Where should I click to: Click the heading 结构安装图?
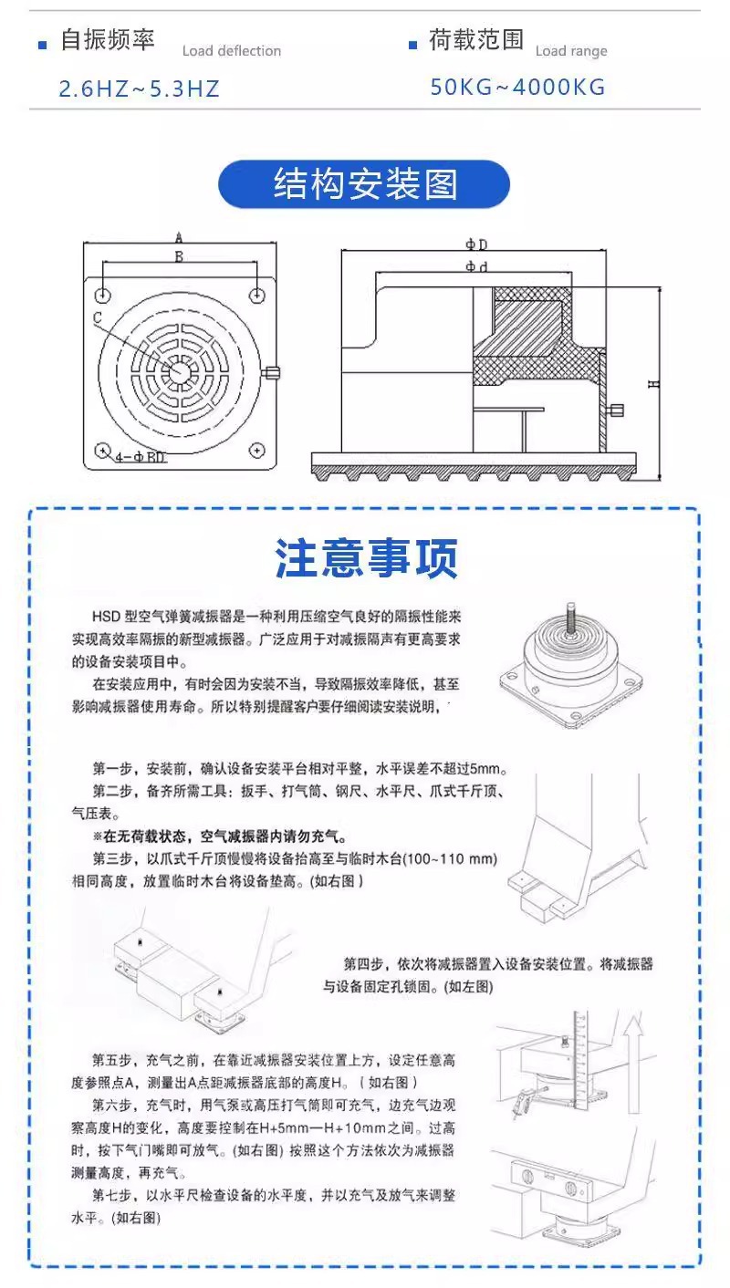(x=364, y=184)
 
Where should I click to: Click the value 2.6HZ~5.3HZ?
(x=139, y=88)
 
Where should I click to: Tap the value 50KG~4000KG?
(x=517, y=88)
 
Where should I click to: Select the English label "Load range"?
(x=571, y=51)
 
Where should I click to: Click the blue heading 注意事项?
(x=366, y=559)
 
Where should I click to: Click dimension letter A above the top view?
(x=179, y=237)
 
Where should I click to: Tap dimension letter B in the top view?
(x=179, y=257)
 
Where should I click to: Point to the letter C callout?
(x=98, y=317)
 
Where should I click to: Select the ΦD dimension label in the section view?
(x=475, y=244)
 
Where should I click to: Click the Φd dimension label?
(x=475, y=267)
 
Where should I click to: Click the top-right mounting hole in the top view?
(x=258, y=295)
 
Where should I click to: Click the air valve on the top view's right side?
(x=272, y=372)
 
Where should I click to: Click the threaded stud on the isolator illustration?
(x=571, y=615)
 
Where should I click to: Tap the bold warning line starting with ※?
(x=219, y=836)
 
